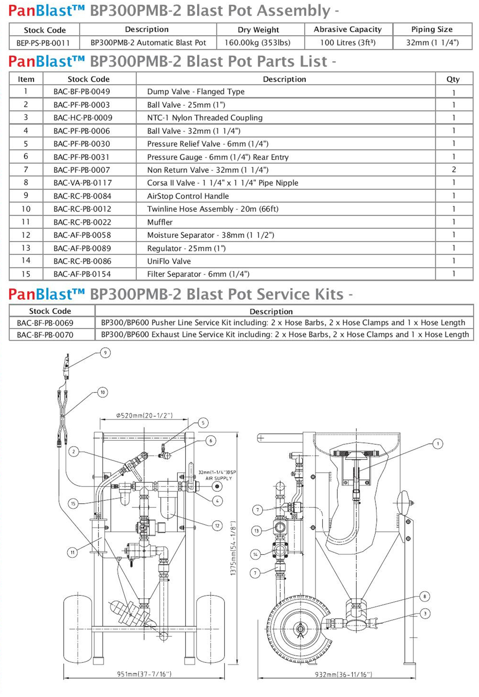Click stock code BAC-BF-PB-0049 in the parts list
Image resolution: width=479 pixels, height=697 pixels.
[x=81, y=92]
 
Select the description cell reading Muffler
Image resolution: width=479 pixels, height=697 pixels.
[x=160, y=222]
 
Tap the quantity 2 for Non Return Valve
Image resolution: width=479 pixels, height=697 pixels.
[x=453, y=170]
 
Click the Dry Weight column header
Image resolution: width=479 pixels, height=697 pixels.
[x=258, y=30]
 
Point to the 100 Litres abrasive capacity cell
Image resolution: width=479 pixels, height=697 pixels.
[x=348, y=43]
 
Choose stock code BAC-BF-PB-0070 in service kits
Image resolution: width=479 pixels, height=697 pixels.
[x=45, y=335]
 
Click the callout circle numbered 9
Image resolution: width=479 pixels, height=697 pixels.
[x=105, y=353]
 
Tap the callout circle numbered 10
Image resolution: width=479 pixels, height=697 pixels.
[x=103, y=392]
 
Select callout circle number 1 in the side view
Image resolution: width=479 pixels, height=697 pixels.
[x=437, y=444]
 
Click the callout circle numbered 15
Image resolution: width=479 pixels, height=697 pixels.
[x=73, y=503]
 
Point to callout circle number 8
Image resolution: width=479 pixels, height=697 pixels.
[x=424, y=596]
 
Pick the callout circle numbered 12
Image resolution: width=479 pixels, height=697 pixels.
[x=217, y=525]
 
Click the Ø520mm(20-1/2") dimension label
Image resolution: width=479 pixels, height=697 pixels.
[x=144, y=415]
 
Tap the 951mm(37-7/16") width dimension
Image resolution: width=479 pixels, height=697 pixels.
[x=144, y=674]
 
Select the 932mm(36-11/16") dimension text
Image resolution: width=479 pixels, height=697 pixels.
[x=343, y=674]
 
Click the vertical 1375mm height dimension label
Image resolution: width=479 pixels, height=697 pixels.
[x=234, y=549]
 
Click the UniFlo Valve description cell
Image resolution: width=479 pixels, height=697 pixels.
[x=169, y=261]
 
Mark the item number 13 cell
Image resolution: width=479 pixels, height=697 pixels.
[x=26, y=248]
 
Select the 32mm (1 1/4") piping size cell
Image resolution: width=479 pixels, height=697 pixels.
[x=432, y=43]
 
